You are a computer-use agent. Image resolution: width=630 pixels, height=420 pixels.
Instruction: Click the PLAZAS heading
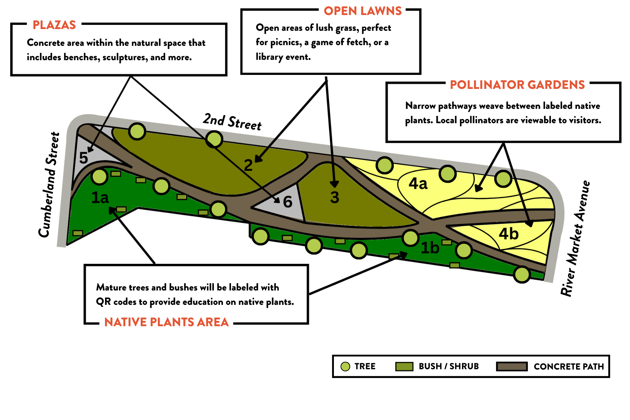tap(54, 25)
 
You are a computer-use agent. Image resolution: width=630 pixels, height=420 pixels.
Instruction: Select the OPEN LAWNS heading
tap(363, 11)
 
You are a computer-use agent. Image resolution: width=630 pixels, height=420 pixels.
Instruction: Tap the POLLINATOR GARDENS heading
tap(517, 85)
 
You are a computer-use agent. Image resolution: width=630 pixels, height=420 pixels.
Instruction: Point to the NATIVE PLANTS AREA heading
tap(166, 322)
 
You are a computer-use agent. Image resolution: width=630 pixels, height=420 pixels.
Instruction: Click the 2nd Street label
tap(232, 122)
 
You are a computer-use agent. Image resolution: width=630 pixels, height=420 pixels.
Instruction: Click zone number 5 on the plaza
tap(83, 158)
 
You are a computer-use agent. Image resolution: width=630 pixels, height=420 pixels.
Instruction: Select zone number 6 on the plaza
tap(287, 202)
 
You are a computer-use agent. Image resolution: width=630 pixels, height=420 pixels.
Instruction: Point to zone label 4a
tap(418, 184)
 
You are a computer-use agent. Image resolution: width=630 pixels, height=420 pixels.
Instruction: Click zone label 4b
tap(508, 234)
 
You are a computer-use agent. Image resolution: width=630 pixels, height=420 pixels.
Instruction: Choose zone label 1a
tap(100, 198)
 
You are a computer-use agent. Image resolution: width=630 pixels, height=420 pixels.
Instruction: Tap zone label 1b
tap(430, 248)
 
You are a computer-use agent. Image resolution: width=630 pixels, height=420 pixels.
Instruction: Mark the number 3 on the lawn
tap(335, 197)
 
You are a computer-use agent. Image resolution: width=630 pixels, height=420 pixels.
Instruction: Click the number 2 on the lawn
tap(248, 165)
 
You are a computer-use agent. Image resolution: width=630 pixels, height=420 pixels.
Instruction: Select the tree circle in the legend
tap(345, 366)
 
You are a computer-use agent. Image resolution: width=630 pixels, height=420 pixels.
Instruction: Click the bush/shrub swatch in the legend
tap(404, 366)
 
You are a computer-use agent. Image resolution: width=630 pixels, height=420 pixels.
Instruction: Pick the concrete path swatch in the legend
tap(512, 366)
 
